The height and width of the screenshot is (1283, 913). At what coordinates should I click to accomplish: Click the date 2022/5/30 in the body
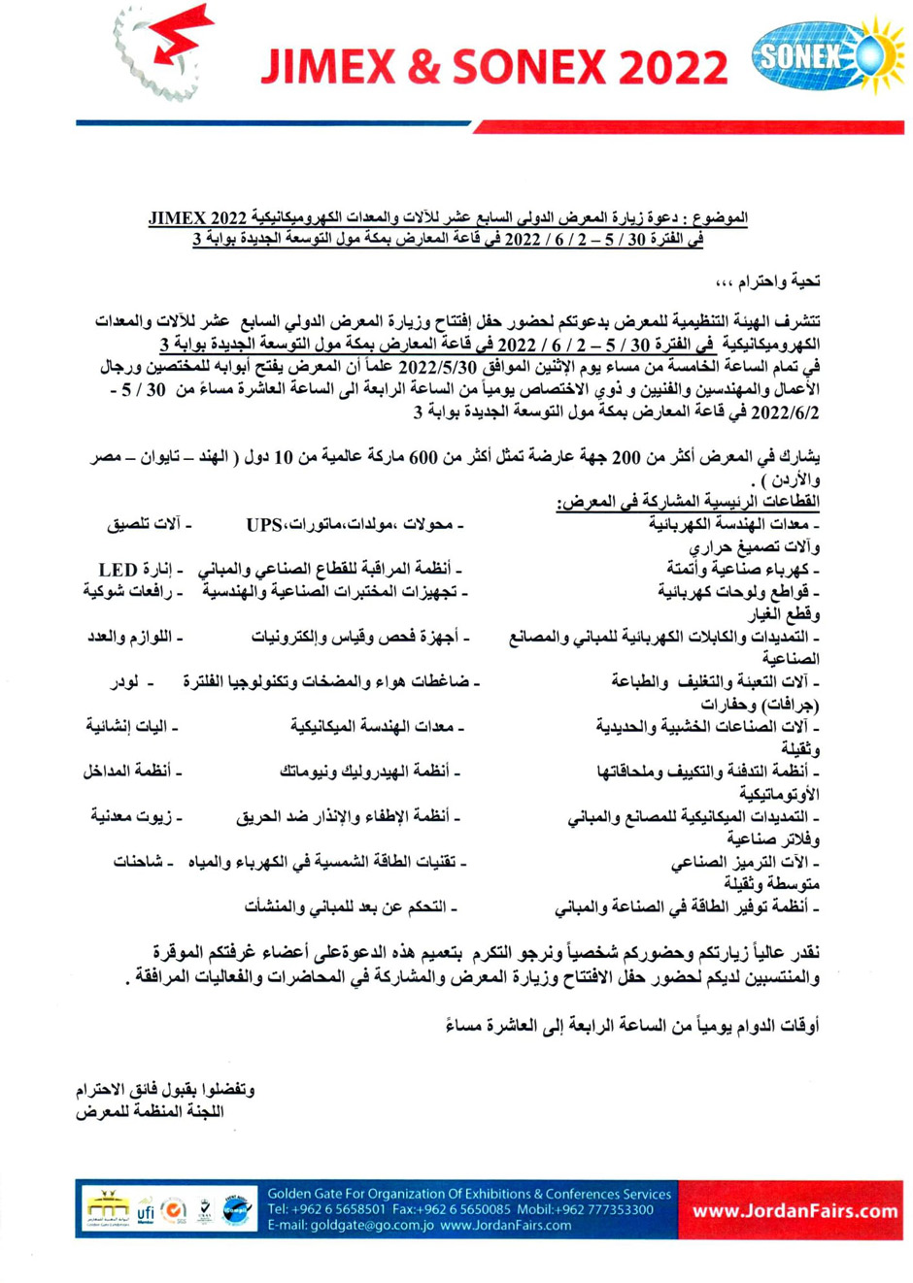(x=436, y=368)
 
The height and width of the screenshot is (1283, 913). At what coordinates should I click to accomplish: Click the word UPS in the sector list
(x=263, y=525)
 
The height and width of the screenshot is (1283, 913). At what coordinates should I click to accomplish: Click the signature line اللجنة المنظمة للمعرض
(x=151, y=1111)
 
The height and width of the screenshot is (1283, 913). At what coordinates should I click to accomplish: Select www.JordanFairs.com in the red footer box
(x=795, y=1210)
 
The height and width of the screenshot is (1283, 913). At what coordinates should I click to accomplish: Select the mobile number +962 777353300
(x=603, y=1210)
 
